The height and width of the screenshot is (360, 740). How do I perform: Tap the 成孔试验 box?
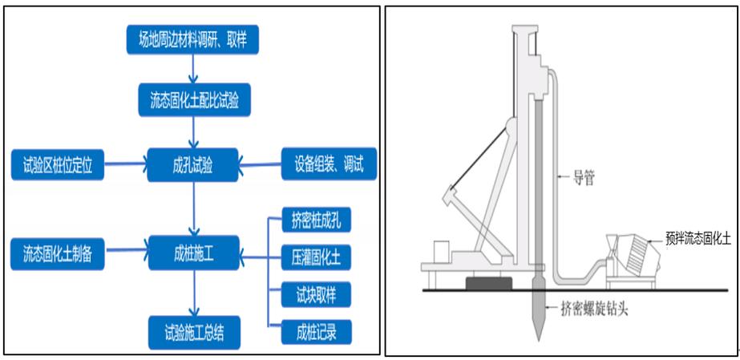(192, 166)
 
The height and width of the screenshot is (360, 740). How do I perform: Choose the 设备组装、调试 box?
(324, 166)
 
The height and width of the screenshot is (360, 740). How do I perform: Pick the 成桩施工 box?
(192, 253)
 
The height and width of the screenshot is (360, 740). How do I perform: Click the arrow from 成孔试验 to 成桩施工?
(192, 210)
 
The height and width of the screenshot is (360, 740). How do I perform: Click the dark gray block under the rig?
(488, 284)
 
